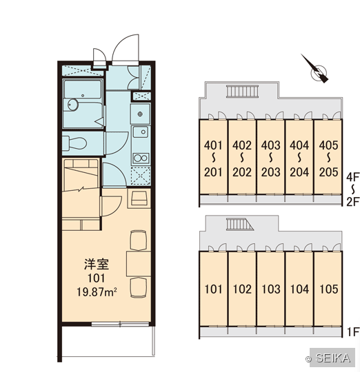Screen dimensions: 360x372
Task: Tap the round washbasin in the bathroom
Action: [72, 105]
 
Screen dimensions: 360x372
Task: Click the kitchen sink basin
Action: [140, 132]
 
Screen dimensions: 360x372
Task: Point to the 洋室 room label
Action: [97, 265]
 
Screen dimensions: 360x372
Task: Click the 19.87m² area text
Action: [97, 292]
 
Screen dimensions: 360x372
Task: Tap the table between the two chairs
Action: [138, 264]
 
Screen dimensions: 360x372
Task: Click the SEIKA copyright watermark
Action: [330, 358]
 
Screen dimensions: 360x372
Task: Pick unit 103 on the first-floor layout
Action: [271, 289]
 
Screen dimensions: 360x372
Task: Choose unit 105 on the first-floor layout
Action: [328, 289]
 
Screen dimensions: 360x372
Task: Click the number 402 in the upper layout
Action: [242, 145]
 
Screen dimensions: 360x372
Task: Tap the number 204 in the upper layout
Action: [299, 172]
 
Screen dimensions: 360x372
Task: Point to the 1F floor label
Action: [353, 332]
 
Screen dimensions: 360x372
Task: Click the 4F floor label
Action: [352, 177]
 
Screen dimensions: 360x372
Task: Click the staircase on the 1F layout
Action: [239, 224]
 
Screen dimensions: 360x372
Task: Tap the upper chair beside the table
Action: [138, 240]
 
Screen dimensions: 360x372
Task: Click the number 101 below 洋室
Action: [96, 278]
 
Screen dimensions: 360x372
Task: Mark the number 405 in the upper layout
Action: [328, 145]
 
